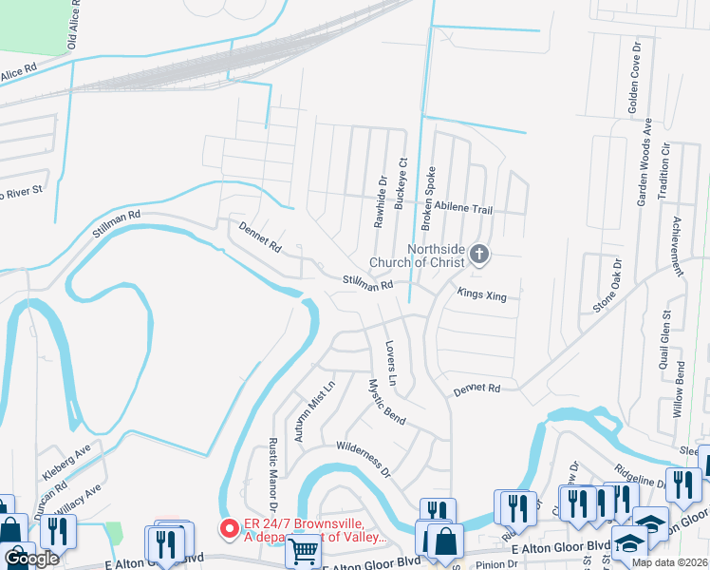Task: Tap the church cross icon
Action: (x=479, y=254)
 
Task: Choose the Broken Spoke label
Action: (x=428, y=188)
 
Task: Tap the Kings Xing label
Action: (x=482, y=294)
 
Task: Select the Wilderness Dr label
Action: (x=364, y=458)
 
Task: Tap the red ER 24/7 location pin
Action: (x=229, y=528)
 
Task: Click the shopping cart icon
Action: (x=303, y=549)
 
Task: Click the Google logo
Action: (x=31, y=560)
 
